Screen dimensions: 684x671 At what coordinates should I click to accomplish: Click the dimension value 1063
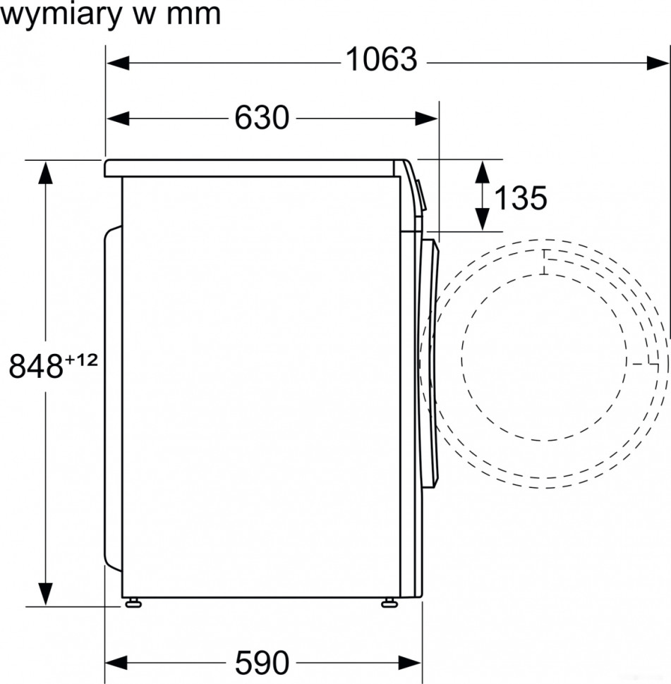381,61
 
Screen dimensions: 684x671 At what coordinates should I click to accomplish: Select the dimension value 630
262,118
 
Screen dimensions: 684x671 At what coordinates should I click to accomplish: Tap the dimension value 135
520,198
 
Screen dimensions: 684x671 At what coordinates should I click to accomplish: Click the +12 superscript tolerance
80,360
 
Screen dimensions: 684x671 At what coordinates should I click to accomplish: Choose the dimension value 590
262,662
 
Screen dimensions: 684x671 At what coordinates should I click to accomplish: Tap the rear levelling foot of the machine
132,603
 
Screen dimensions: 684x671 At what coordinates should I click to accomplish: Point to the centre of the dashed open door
545,364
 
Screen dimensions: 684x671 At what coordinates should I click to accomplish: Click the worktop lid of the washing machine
250,168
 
